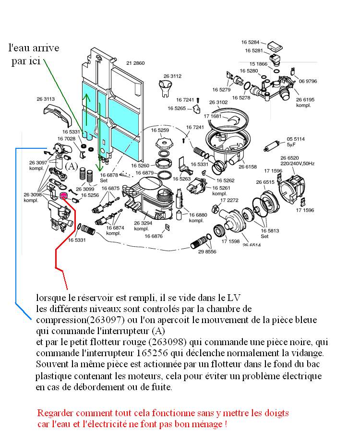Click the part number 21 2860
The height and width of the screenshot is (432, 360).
coord(135,63)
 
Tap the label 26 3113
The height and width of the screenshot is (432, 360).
coord(46,99)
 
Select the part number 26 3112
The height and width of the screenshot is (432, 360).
coord(172,76)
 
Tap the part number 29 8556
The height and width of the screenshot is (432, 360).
coord(207,252)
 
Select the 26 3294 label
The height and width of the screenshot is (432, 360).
coord(144,223)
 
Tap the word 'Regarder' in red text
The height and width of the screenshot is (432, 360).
coord(54,413)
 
